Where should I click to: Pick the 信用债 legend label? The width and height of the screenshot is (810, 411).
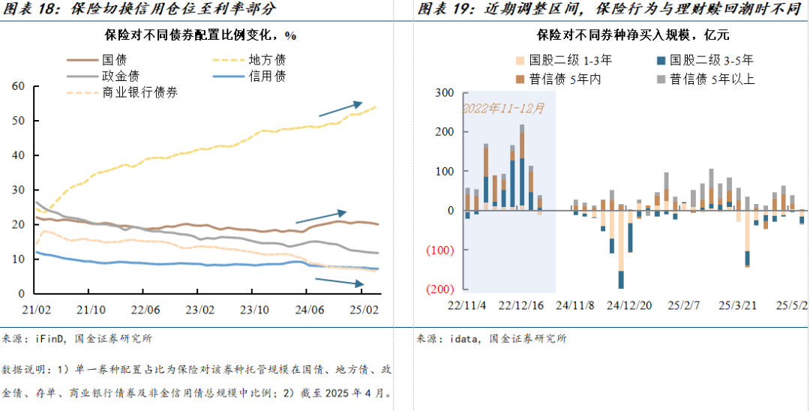point(266,76)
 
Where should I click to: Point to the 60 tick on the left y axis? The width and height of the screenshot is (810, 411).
point(19,86)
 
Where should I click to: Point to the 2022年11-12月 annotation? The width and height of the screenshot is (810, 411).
point(503,108)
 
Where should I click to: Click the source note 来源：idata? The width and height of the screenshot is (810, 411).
point(491,338)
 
